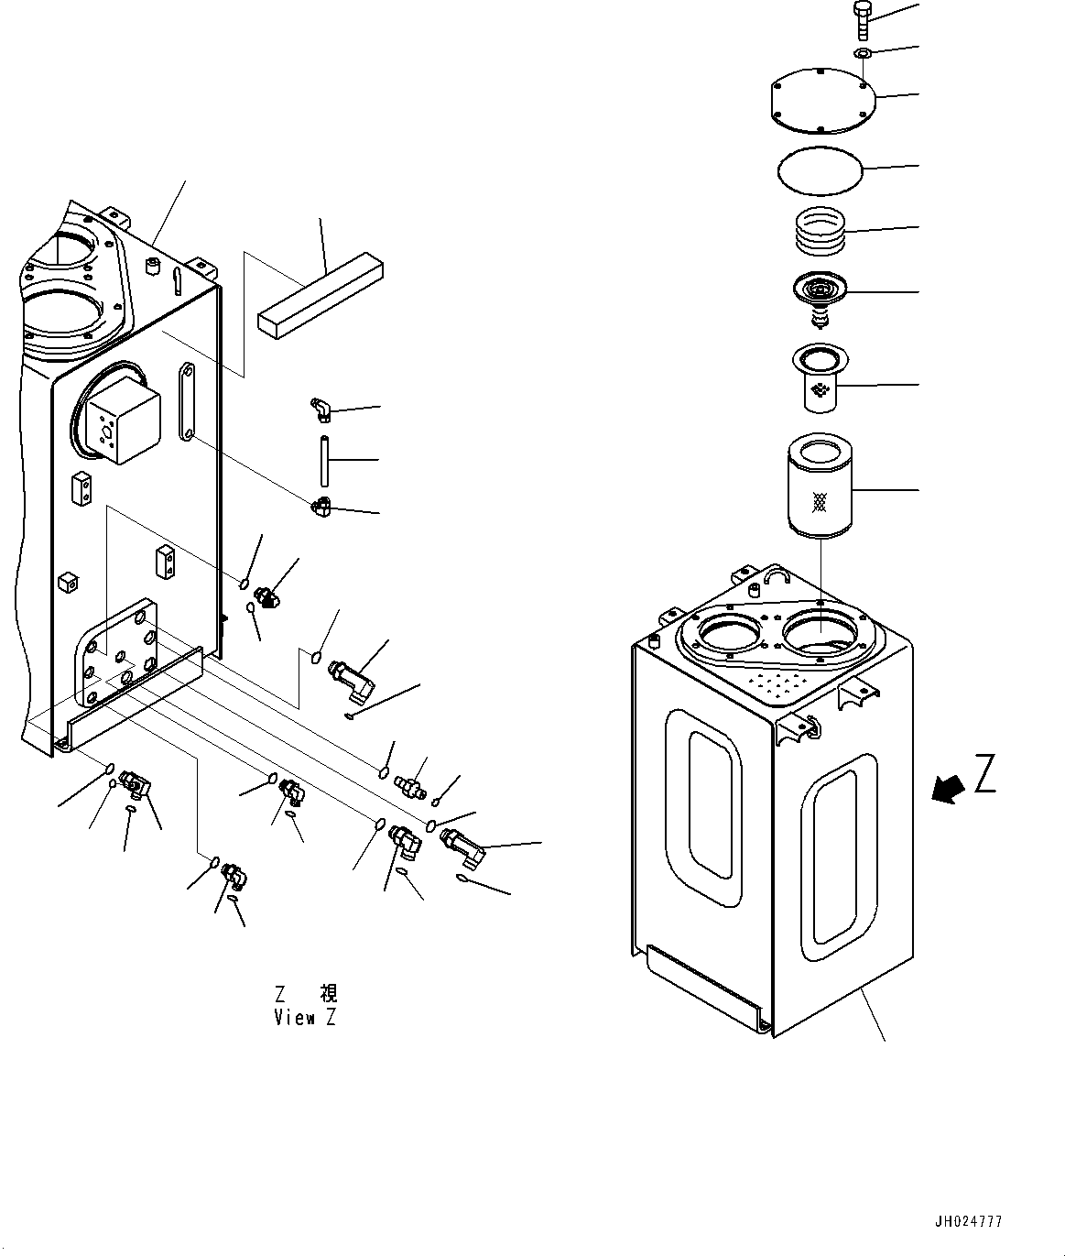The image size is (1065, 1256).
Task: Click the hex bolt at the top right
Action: point(862,19)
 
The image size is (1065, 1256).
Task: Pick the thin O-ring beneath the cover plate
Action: point(820,171)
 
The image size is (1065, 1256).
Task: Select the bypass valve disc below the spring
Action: point(820,294)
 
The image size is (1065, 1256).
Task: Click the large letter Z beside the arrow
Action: point(984,773)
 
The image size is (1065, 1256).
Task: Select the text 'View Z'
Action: point(305,1018)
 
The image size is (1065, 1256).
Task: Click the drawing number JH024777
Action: point(968,1221)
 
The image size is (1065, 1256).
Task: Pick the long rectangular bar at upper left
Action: point(320,295)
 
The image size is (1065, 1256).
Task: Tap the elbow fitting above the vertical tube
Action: point(320,409)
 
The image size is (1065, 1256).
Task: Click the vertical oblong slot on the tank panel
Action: point(187,401)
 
